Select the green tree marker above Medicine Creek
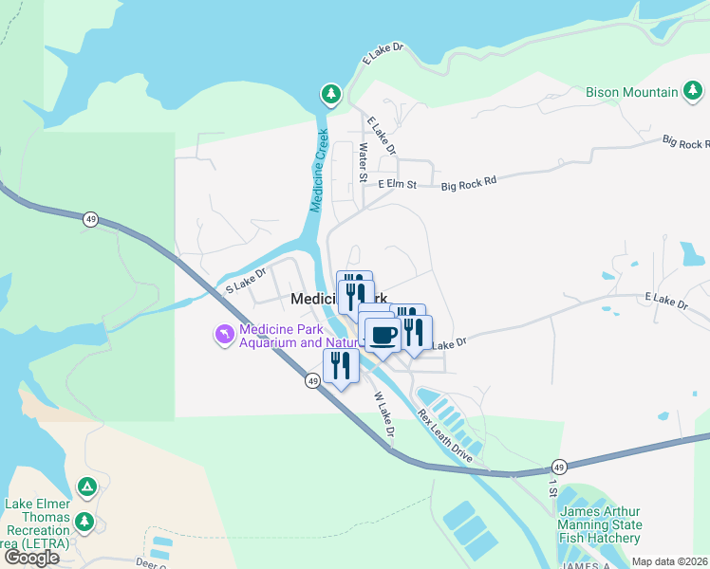330,93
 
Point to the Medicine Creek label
319,171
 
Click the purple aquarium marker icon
223,336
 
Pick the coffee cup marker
383,335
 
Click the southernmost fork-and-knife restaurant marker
340,365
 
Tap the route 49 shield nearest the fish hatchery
559,468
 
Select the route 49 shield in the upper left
90,218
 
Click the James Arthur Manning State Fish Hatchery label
600,524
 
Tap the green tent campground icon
86,487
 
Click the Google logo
31,558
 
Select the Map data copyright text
669,561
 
